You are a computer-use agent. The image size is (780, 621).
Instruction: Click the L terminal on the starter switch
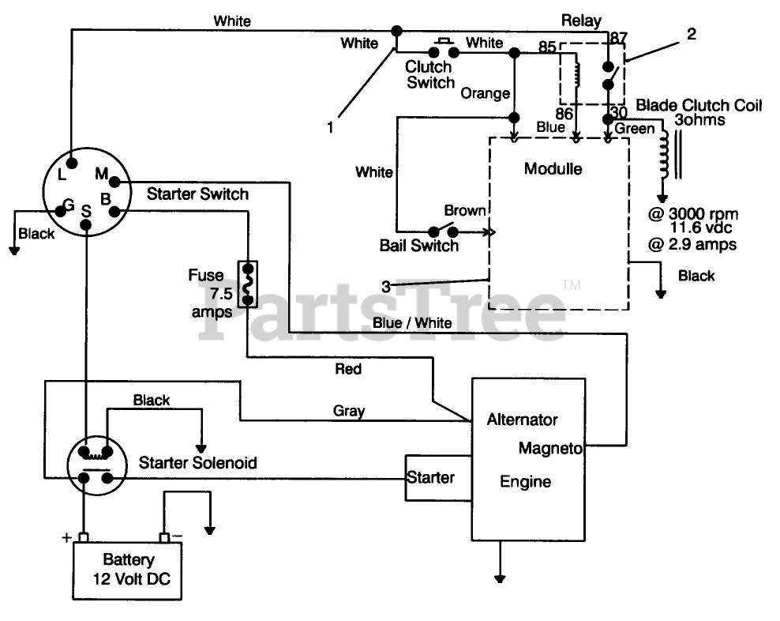pos(72,164)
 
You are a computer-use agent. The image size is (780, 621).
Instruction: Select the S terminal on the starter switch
pos(88,224)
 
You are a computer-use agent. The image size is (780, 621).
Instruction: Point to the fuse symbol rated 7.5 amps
pos(248,283)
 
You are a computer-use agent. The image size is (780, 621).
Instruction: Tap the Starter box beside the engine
pos(431,478)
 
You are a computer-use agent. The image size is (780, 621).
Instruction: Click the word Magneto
pos(550,448)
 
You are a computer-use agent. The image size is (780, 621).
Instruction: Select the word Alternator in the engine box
pos(522,420)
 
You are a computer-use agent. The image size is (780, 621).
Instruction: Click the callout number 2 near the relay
pos(692,33)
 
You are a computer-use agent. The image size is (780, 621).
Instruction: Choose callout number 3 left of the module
pos(386,287)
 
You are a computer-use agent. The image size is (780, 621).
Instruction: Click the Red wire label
pos(348,368)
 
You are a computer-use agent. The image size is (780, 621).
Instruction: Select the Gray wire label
pos(348,410)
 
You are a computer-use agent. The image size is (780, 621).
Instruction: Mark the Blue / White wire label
pos(411,322)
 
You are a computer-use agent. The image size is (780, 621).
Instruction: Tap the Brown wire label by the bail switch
pos(466,210)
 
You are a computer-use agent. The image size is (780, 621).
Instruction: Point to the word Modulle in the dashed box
pos(553,168)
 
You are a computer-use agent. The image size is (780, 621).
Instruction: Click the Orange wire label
pos(486,93)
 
